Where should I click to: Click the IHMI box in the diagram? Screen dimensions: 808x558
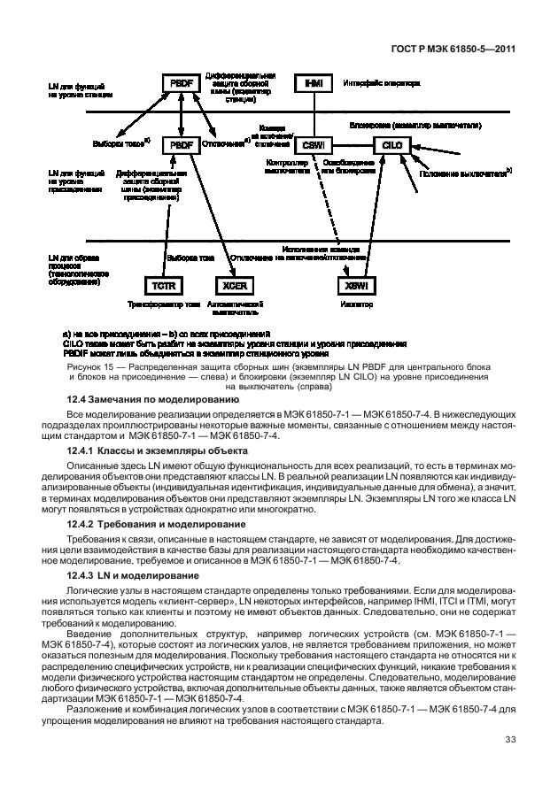click(x=314, y=83)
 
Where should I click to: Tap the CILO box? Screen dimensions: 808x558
click(x=391, y=143)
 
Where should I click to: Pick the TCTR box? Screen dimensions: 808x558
click(x=163, y=285)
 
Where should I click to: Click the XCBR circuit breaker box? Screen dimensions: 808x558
click(x=233, y=285)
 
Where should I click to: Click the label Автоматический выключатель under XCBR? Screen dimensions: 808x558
click(x=233, y=308)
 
